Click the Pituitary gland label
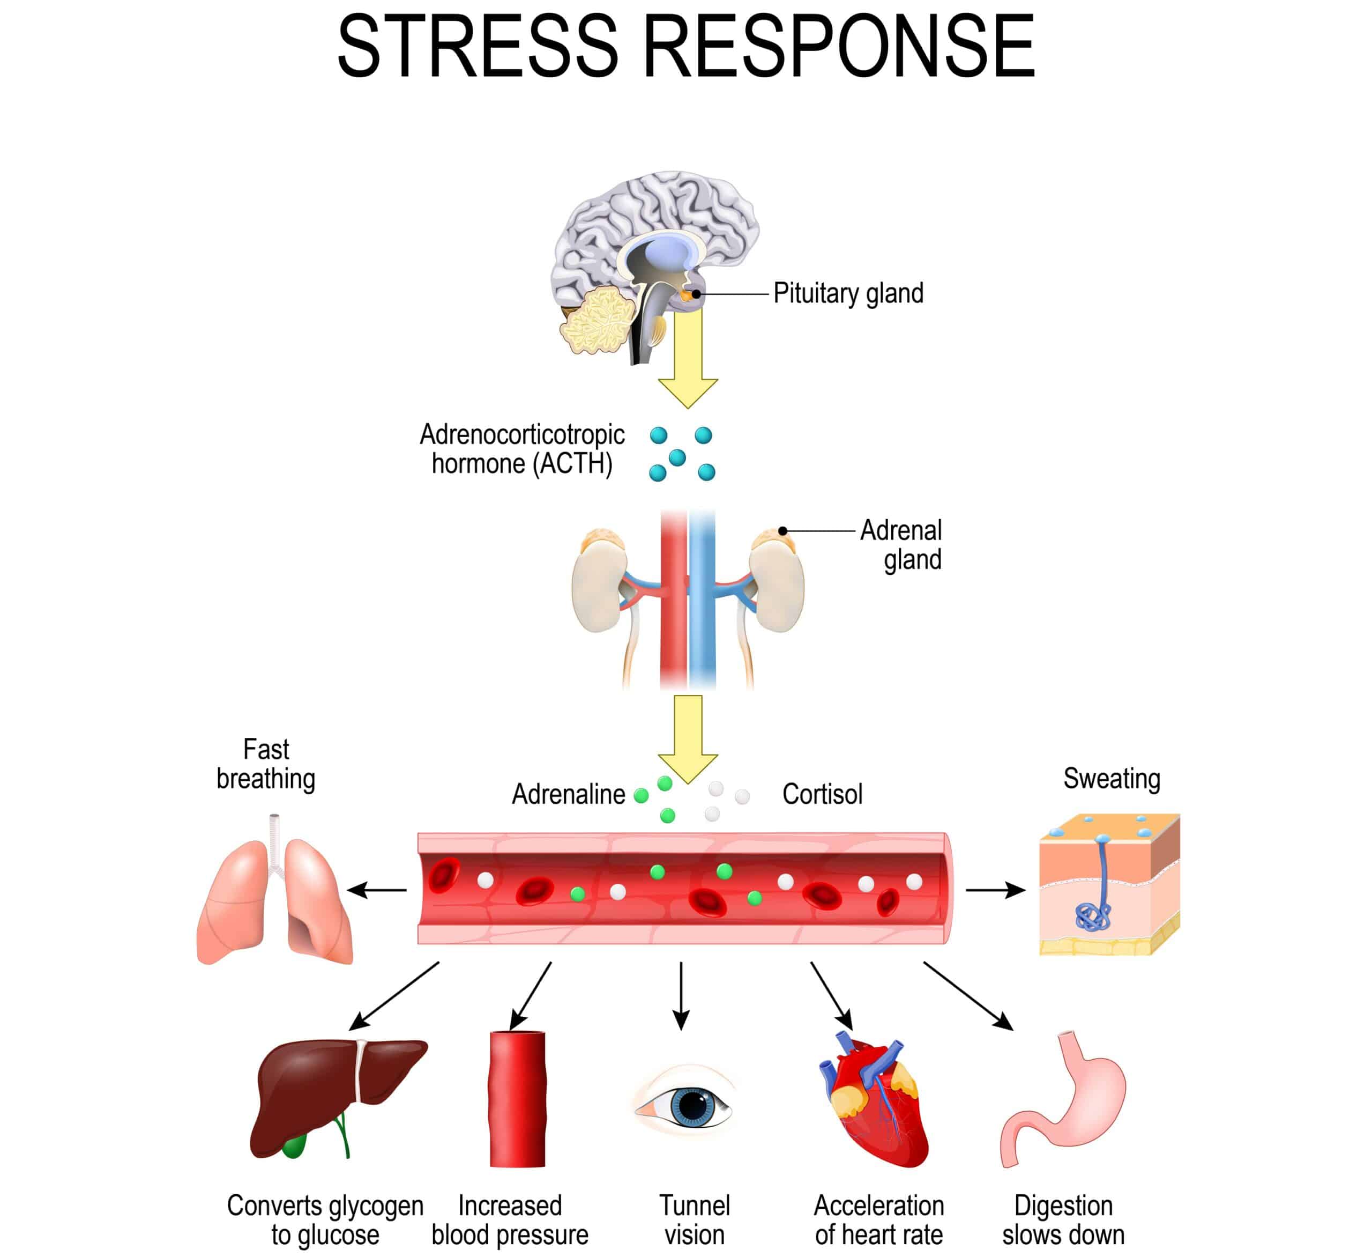pos(848,293)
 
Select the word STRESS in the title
pos(477,48)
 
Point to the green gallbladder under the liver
pos(294,1146)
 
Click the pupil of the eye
pos(693,1106)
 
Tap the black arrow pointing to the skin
pos(995,890)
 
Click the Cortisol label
pos(822,794)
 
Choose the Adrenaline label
pos(568,794)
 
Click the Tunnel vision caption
pos(694,1219)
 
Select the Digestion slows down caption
pos(1063,1219)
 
